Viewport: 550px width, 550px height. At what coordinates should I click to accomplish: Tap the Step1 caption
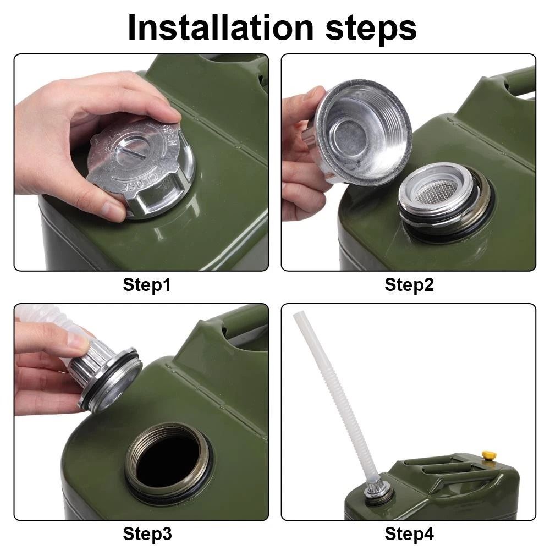click(x=147, y=285)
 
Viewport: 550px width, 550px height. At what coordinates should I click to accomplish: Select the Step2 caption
click(x=409, y=285)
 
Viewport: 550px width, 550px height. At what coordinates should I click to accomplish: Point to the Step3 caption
click(x=147, y=533)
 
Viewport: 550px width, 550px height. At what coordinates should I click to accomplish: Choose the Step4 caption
click(x=409, y=533)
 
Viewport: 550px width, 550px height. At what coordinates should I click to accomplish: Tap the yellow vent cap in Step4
click(x=487, y=455)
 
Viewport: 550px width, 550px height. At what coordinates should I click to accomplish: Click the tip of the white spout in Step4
click(x=300, y=316)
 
